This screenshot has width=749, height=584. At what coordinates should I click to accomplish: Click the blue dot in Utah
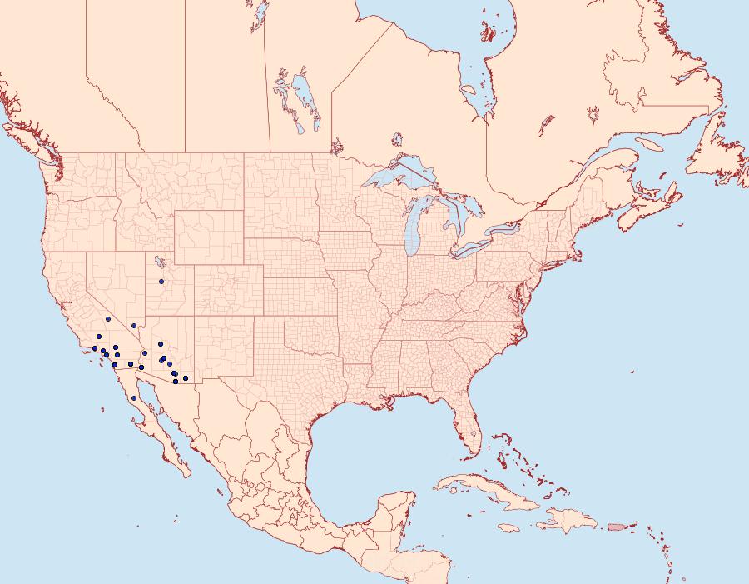pos(161,282)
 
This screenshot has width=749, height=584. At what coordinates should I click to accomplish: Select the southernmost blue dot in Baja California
pos(133,398)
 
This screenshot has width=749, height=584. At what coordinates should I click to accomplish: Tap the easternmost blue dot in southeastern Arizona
pos(186,378)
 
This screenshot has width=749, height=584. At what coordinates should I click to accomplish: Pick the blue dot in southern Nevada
pos(134,325)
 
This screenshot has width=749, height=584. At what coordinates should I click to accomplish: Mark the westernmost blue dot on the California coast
pos(95,348)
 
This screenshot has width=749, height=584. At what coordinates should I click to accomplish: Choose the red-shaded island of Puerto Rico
pos(617,527)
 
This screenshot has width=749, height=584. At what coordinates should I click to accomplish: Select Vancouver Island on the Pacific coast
pos(25,138)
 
